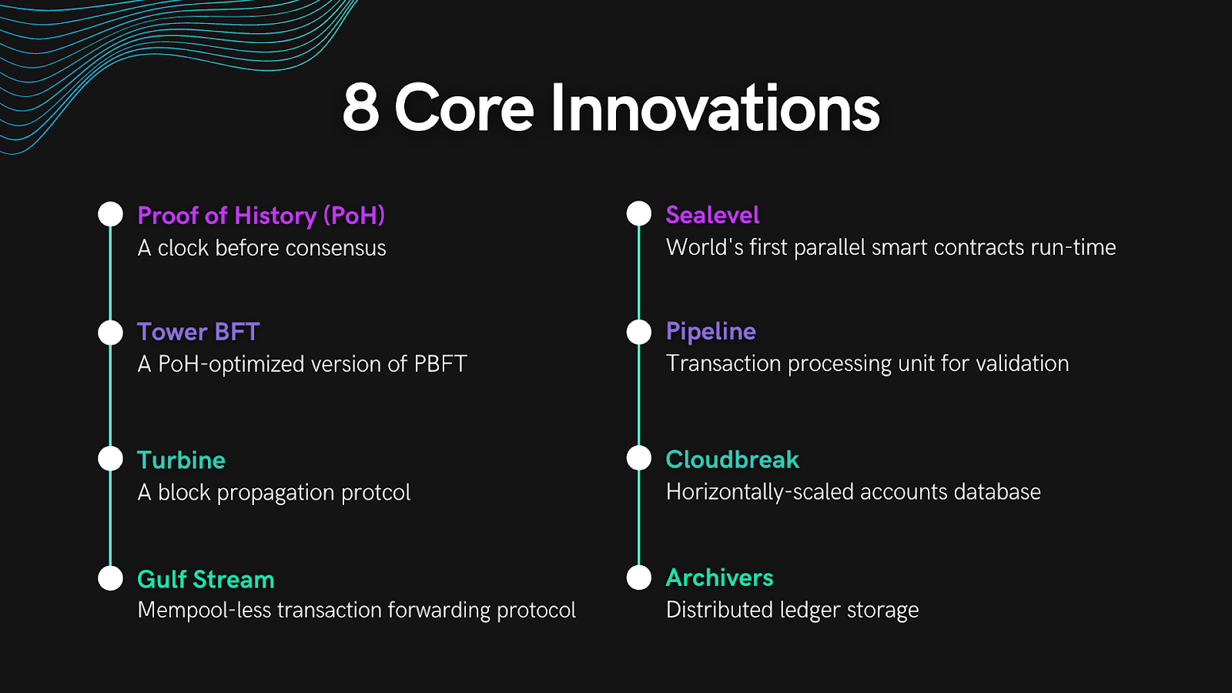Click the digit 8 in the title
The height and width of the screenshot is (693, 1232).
(x=361, y=109)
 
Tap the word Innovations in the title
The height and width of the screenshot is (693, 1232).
(x=715, y=109)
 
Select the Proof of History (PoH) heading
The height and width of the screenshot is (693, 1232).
(x=261, y=216)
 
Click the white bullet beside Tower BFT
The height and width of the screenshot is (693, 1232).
(x=111, y=333)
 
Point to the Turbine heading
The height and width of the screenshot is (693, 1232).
(x=181, y=460)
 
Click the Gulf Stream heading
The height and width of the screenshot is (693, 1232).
(x=206, y=579)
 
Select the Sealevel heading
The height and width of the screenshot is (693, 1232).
(x=712, y=215)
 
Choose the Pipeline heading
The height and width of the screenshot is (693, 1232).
(x=711, y=332)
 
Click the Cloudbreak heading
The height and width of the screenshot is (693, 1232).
(x=732, y=460)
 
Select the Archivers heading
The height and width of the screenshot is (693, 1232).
(x=719, y=577)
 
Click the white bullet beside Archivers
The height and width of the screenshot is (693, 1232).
(x=639, y=577)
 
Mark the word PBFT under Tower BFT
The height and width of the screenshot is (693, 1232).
(x=440, y=364)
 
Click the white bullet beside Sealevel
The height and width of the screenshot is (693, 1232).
(x=639, y=214)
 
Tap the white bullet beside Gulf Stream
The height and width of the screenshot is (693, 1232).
(x=111, y=578)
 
